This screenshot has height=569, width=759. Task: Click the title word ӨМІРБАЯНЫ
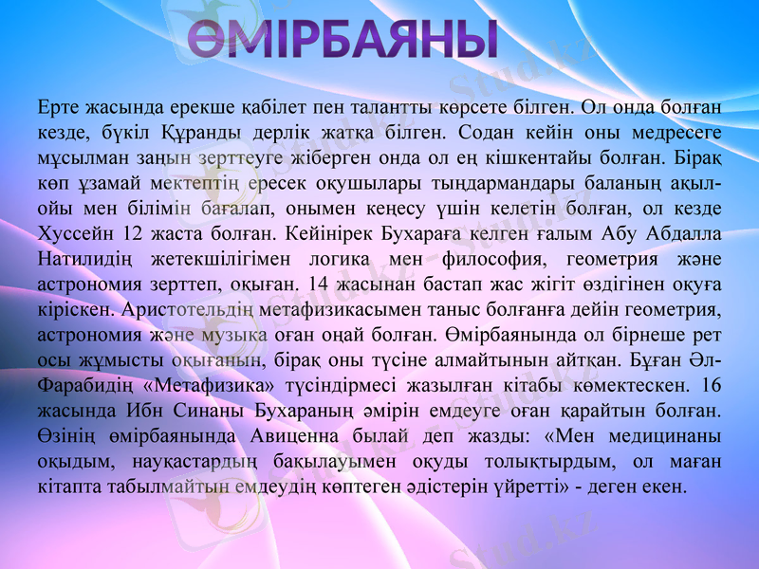342,39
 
